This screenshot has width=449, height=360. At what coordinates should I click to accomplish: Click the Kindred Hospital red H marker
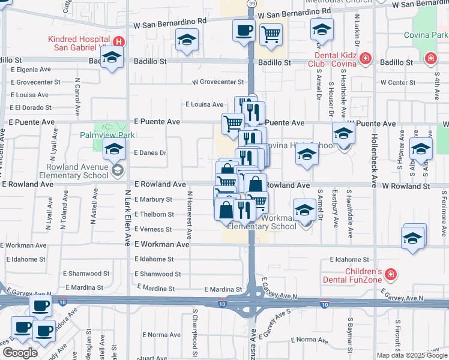click(119, 42)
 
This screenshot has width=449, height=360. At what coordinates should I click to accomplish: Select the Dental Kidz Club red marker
click(366, 59)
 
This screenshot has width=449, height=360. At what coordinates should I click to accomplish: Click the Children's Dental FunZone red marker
click(391, 274)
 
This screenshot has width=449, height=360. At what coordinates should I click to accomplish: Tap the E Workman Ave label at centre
click(161, 245)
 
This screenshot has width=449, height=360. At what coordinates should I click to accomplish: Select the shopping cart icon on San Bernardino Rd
click(271, 34)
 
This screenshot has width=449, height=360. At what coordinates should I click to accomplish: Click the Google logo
click(20, 353)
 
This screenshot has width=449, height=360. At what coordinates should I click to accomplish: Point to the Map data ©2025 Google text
click(412, 355)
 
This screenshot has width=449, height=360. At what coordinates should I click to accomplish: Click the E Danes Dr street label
click(150, 153)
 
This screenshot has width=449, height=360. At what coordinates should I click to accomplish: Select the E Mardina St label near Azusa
click(223, 289)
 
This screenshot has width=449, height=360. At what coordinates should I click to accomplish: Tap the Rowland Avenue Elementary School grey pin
click(117, 171)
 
